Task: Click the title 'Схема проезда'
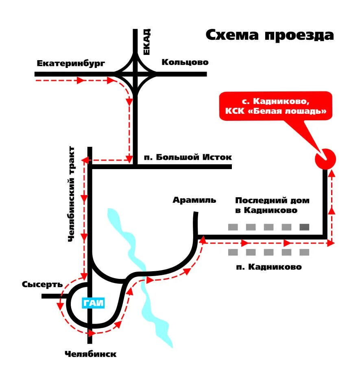tap(269, 35)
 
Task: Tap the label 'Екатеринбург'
tap(71, 63)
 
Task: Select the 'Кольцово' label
tap(185, 62)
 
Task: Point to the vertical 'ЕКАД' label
tap(147, 41)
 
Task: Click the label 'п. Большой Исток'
tap(188, 157)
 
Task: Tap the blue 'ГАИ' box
tap(94, 303)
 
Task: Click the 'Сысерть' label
tap(42, 284)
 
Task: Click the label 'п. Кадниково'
tap(269, 267)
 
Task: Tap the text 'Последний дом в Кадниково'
tap(272, 205)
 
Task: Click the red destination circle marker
tap(325, 158)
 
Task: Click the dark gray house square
tap(304, 227)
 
